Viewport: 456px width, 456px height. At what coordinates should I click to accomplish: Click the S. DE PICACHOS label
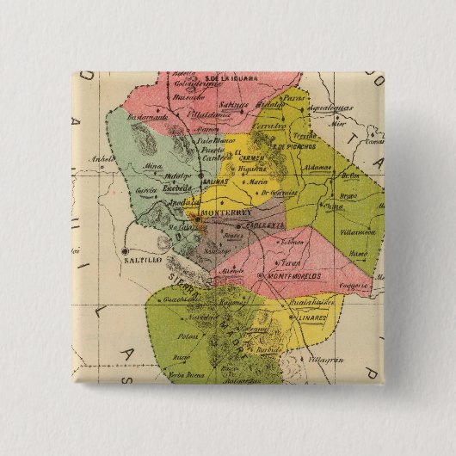[x=293, y=147]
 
